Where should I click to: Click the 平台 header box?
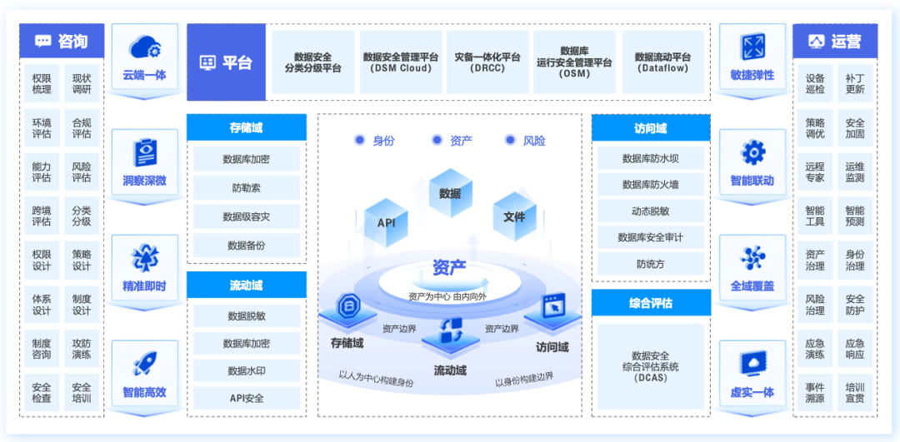click(x=226, y=62)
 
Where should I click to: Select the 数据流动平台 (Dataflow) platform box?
click(x=662, y=62)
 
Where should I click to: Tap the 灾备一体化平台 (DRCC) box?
click(x=487, y=62)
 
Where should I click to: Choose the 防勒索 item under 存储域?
click(x=247, y=188)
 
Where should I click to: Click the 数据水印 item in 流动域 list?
click(x=247, y=370)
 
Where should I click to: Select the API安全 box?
click(x=247, y=398)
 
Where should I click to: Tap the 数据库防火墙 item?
click(x=651, y=185)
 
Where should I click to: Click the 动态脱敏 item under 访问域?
click(x=651, y=211)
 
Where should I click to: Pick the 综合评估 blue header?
click(x=651, y=303)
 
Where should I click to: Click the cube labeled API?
click(x=386, y=221)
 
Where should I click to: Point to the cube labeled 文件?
click(x=514, y=215)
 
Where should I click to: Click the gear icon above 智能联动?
click(x=752, y=152)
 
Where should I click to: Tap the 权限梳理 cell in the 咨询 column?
click(x=42, y=83)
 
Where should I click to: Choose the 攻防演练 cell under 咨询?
click(x=82, y=348)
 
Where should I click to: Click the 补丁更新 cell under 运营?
click(x=855, y=83)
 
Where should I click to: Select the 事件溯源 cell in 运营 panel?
click(x=815, y=393)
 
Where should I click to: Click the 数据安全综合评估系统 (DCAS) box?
click(x=651, y=366)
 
